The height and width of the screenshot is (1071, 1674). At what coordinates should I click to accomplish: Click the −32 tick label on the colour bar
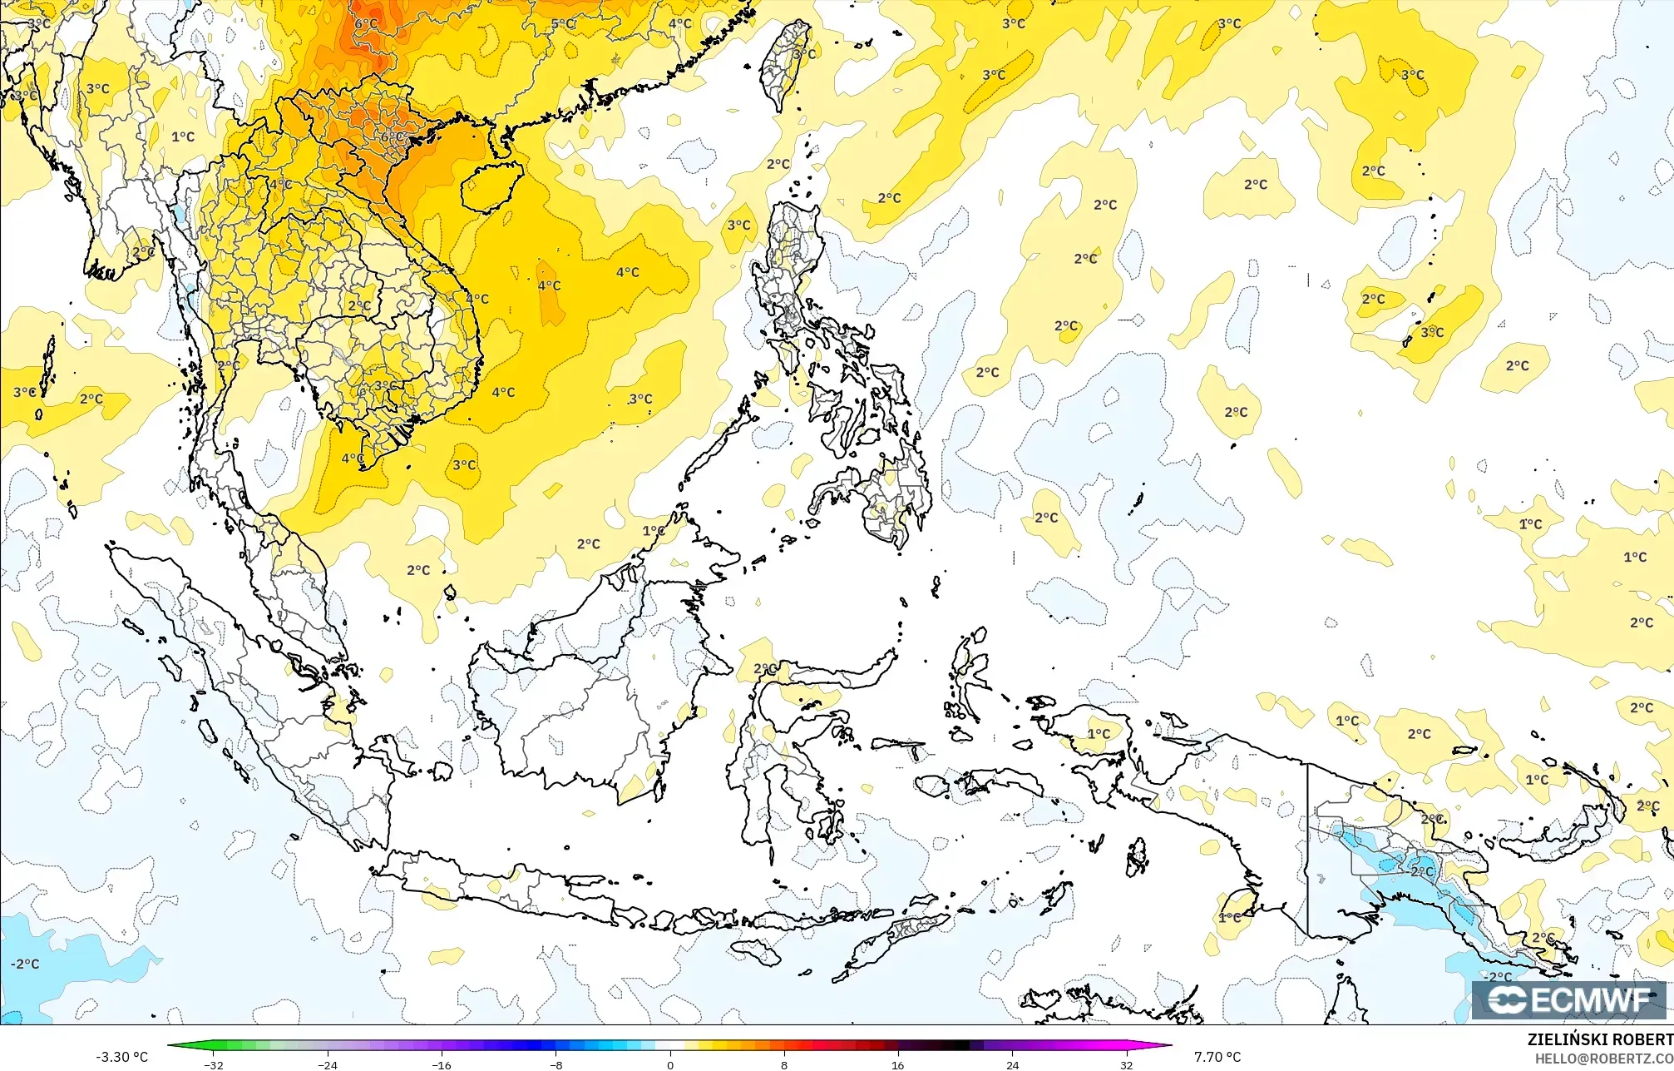coord(214,1064)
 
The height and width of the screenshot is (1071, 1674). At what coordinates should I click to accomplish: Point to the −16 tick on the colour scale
coord(442,1064)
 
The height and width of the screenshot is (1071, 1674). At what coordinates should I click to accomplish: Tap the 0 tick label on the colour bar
coord(670,1064)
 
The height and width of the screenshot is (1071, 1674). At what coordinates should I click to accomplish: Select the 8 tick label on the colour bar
coord(784,1064)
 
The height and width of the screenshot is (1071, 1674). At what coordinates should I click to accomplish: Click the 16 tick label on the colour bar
coord(898,1064)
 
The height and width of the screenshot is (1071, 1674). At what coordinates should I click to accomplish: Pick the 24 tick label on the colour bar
coord(1012,1064)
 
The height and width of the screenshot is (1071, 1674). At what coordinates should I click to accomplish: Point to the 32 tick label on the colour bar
coord(1126,1064)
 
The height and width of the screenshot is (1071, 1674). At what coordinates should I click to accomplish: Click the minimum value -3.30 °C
coord(121,1057)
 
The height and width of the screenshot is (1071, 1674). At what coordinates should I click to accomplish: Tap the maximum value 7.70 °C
coord(1217,1057)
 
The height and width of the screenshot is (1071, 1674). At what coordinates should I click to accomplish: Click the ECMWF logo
coord(1568,999)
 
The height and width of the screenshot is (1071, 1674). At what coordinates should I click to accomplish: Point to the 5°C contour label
coord(563,24)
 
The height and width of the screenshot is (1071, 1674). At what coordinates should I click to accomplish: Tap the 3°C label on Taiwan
coord(804,55)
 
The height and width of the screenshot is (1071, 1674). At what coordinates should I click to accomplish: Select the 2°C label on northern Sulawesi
coord(765,669)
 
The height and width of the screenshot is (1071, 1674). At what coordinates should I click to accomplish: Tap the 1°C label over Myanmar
coord(183,137)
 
